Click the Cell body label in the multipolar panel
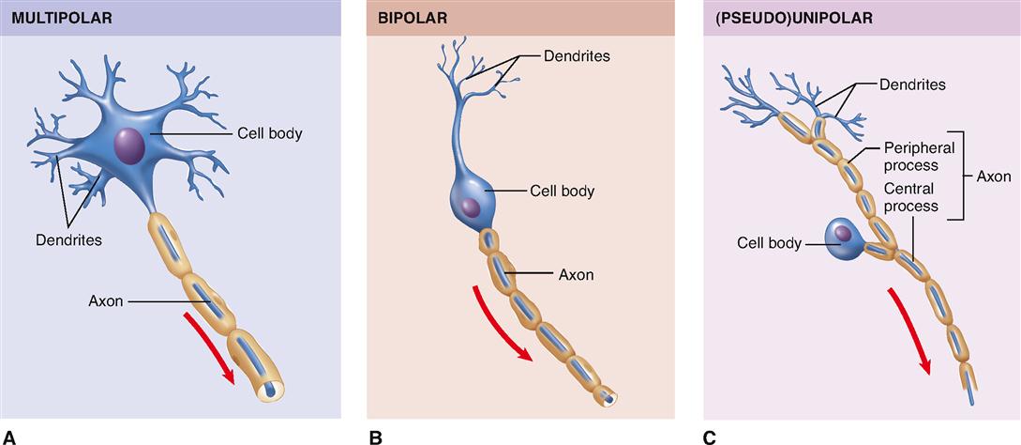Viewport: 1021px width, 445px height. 264,133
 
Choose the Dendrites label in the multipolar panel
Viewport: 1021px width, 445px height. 68,239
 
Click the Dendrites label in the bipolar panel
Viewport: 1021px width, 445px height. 577,56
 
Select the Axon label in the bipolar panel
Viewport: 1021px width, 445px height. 577,275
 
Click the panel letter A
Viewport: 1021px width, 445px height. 9,436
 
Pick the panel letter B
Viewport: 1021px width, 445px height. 375,436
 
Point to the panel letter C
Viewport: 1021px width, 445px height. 710,436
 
